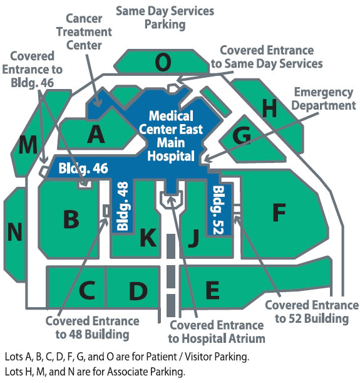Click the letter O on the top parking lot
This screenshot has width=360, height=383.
163,62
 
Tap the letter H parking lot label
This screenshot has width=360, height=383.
269,108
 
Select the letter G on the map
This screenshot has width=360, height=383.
242,135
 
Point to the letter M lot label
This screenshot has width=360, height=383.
28,145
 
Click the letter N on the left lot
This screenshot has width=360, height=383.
15,231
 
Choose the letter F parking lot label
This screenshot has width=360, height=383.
279,212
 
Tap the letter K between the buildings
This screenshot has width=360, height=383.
148,237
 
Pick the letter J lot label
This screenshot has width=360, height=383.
193,238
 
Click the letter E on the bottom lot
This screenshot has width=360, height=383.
212,290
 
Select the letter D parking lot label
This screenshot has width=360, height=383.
138,291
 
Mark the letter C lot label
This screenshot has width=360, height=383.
87,290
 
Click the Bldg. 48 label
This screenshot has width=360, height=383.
123,206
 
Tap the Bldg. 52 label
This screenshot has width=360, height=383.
218,211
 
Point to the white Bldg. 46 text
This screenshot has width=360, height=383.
83,168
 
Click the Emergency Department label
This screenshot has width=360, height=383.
324,99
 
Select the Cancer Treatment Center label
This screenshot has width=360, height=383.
84,32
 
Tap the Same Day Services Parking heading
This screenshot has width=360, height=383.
165,18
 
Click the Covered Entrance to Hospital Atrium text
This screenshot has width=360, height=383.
217,332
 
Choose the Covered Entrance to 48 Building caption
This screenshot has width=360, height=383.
93,328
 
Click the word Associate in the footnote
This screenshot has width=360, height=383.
128,372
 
